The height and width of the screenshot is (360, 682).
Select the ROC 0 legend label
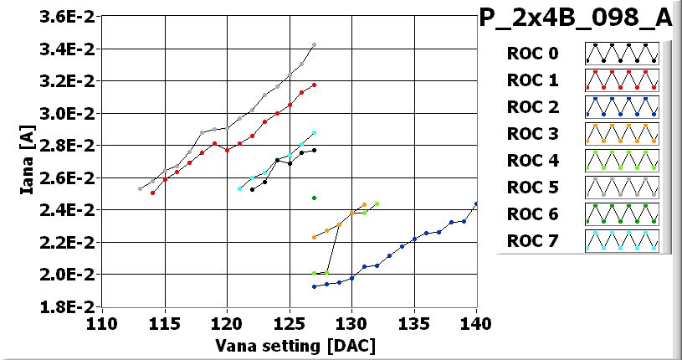click(531, 54)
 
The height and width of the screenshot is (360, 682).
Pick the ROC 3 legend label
click(531, 134)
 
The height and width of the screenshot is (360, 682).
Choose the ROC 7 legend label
click(531, 242)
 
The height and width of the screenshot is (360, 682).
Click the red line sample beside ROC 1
click(621, 80)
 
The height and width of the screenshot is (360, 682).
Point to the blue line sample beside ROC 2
click(621, 107)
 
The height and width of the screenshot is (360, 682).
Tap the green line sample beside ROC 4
click(621, 161)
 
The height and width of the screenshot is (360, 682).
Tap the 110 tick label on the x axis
click(102, 323)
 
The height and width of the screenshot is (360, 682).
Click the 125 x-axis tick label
click(289, 323)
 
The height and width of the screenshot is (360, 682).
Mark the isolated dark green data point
click(314, 198)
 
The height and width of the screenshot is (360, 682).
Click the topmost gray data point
click(314, 44)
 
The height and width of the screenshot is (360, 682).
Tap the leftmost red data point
click(152, 193)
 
